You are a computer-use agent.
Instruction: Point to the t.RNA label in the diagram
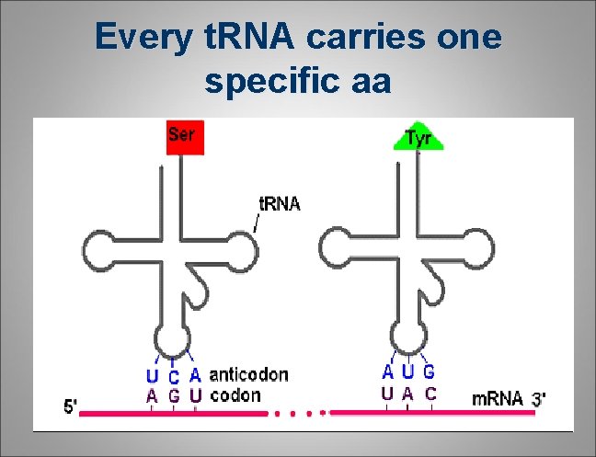(279, 203)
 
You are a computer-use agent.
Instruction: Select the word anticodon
(248, 375)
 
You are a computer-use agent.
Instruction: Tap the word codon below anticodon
(235, 395)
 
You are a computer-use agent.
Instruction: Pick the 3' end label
(538, 399)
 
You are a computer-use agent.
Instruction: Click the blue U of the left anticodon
(152, 375)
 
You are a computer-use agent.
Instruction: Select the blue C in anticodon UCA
(173, 375)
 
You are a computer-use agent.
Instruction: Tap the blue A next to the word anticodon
(194, 375)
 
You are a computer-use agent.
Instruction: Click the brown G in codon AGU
(173, 396)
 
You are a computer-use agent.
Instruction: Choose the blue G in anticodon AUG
(430, 372)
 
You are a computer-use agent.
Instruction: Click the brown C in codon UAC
(430, 394)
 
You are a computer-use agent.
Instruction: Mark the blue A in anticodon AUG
(387, 372)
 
